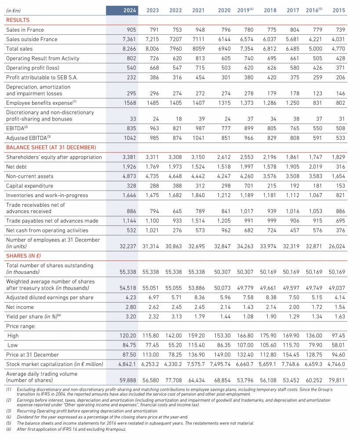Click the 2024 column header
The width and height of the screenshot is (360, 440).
click(x=130, y=10)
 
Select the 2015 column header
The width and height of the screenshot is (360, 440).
click(x=339, y=10)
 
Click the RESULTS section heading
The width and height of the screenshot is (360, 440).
click(x=18, y=20)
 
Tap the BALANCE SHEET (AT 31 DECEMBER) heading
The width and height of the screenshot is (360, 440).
click(x=51, y=147)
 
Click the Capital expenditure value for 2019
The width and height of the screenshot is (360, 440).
click(x=247, y=186)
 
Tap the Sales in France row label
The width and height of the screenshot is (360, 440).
click(x=25, y=29)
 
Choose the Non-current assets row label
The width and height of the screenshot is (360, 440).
click(x=29, y=176)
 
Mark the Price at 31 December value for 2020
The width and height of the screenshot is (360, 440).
click(x=225, y=355)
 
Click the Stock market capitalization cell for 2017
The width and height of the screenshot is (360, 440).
click(x=293, y=364)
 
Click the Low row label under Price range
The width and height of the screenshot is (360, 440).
click(x=12, y=345)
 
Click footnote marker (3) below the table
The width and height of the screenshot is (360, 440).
click(x=9, y=410)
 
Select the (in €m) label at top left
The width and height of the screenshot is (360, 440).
click(x=14, y=10)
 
